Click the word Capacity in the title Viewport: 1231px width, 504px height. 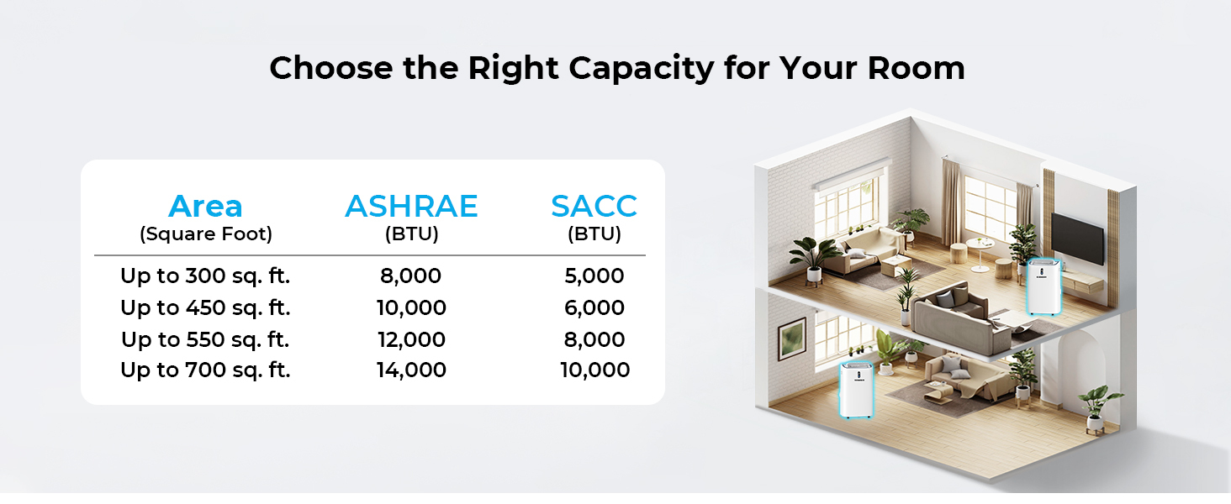click(x=641, y=69)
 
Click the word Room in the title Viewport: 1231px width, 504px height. click(x=917, y=68)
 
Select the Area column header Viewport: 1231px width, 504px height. click(x=205, y=207)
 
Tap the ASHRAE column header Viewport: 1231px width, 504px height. click(x=411, y=207)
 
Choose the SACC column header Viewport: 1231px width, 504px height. click(x=594, y=207)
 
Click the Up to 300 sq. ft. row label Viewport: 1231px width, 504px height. click(x=205, y=276)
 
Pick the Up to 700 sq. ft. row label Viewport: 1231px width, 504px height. click(x=205, y=370)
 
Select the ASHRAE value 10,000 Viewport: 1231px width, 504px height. click(x=411, y=308)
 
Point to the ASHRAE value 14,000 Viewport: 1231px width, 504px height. click(x=411, y=370)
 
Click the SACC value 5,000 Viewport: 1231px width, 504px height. click(x=594, y=276)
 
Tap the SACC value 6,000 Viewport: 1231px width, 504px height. click(x=594, y=308)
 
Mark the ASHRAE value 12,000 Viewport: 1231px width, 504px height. click(x=411, y=340)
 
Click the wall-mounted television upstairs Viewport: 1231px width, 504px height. click(x=1076, y=239)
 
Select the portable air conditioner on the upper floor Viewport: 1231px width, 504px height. click(x=1043, y=287)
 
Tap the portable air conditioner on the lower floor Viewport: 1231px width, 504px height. click(x=856, y=390)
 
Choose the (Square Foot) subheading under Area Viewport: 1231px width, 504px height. click(x=206, y=234)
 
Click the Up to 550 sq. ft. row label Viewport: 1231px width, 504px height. click(x=205, y=340)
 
